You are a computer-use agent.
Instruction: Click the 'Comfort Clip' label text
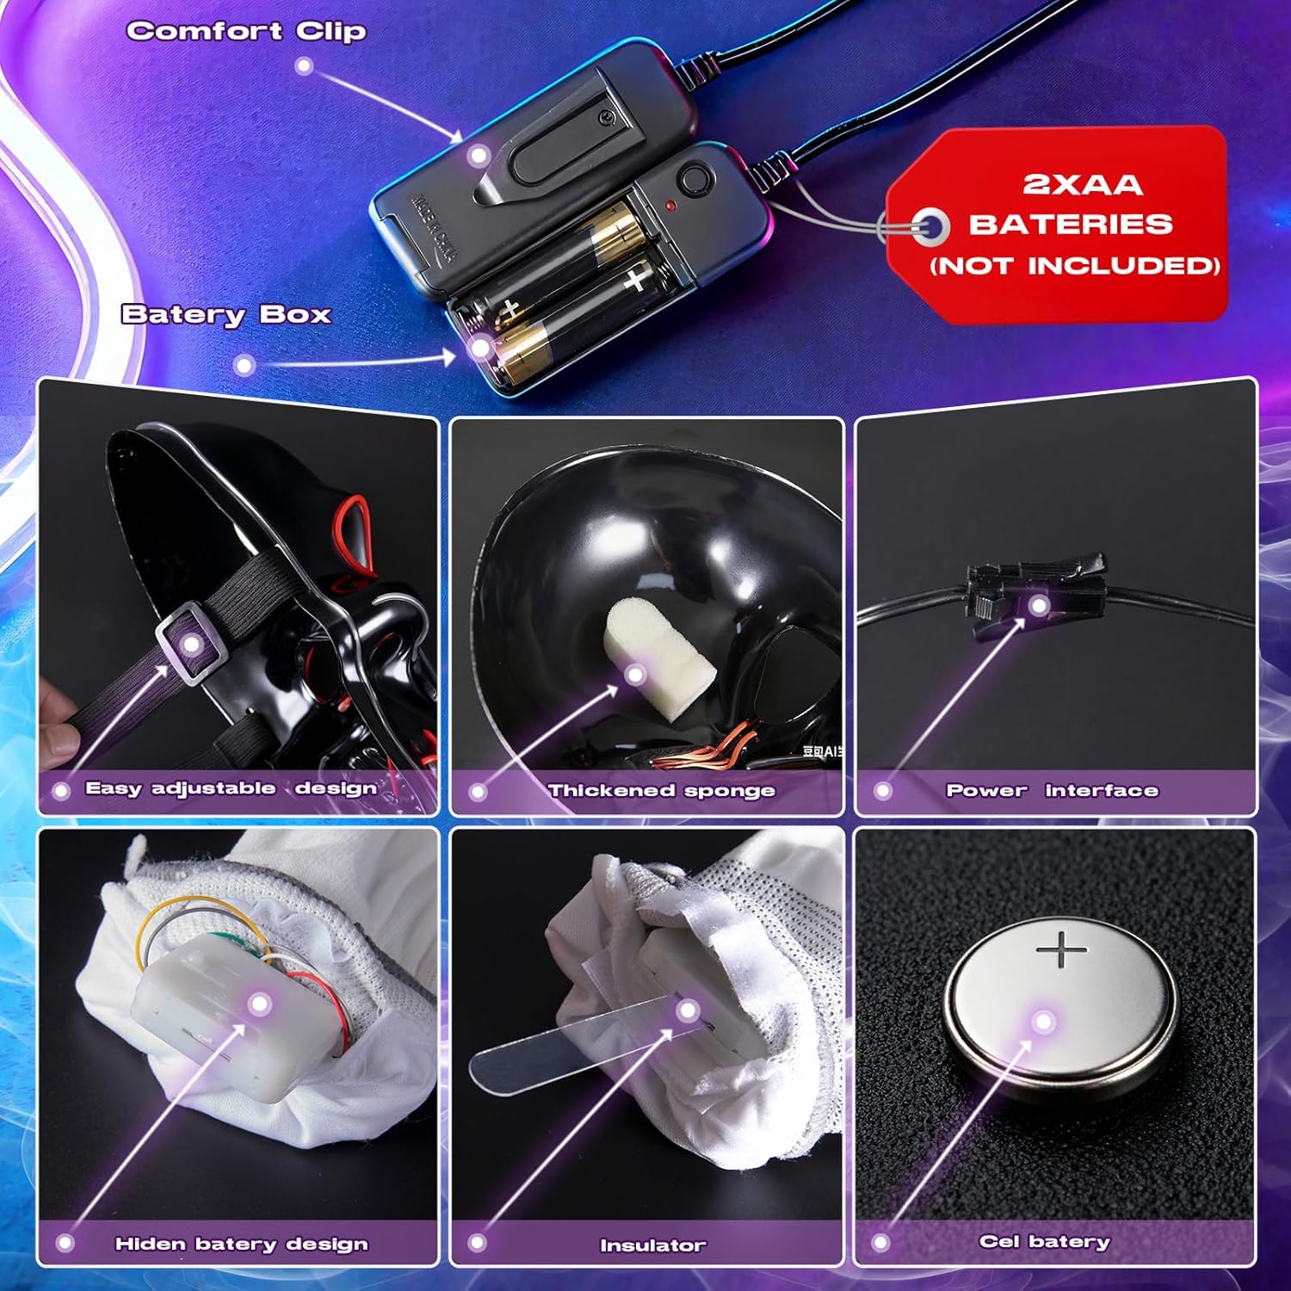click(x=246, y=32)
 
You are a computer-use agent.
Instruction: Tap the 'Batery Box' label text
click(x=226, y=315)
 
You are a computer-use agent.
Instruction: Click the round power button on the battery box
click(x=694, y=181)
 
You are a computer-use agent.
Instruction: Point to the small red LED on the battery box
click(x=670, y=207)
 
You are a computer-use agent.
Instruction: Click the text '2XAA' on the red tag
click(x=1082, y=184)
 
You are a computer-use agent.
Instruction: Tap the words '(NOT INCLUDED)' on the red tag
click(x=1074, y=265)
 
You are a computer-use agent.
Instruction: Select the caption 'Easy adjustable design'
click(x=231, y=788)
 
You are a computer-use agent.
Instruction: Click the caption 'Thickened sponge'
click(x=661, y=790)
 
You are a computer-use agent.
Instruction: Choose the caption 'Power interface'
click(x=1052, y=790)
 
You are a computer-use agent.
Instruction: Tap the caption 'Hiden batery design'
click(x=241, y=1244)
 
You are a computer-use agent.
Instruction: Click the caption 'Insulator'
click(x=652, y=1245)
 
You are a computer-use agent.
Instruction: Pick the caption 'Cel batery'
click(x=1044, y=1241)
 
